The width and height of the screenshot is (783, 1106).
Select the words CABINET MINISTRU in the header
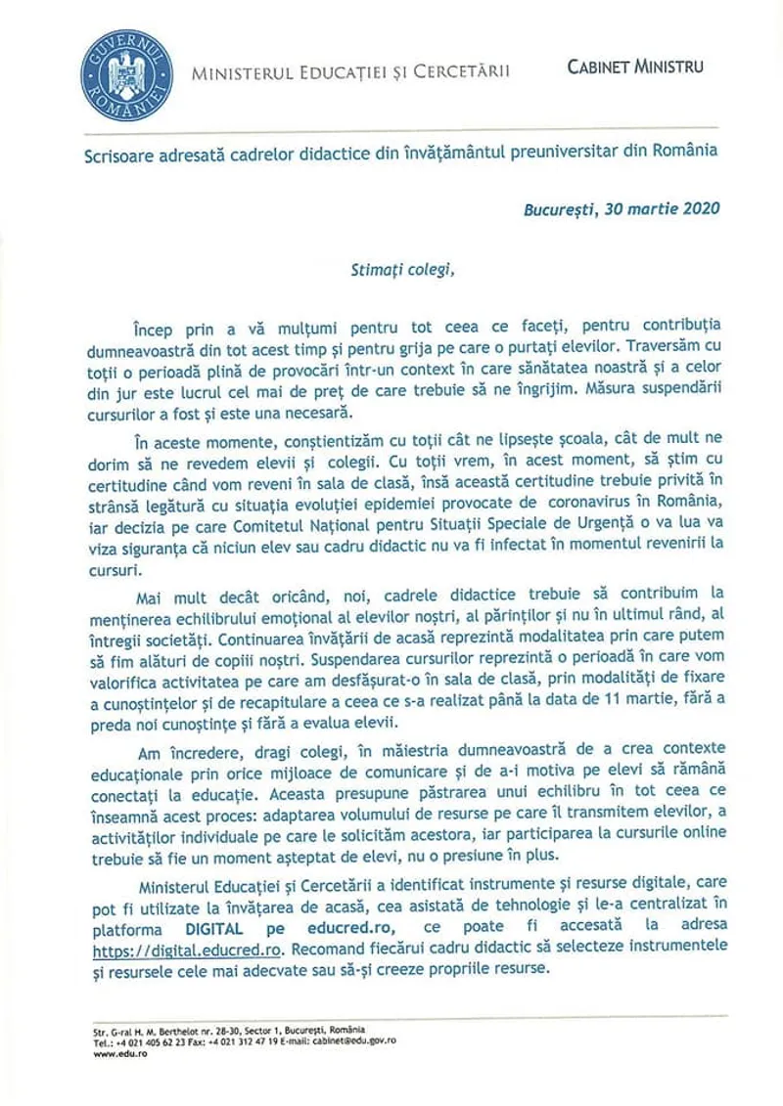click(x=635, y=66)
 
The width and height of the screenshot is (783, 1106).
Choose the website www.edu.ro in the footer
click(x=103, y=1052)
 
